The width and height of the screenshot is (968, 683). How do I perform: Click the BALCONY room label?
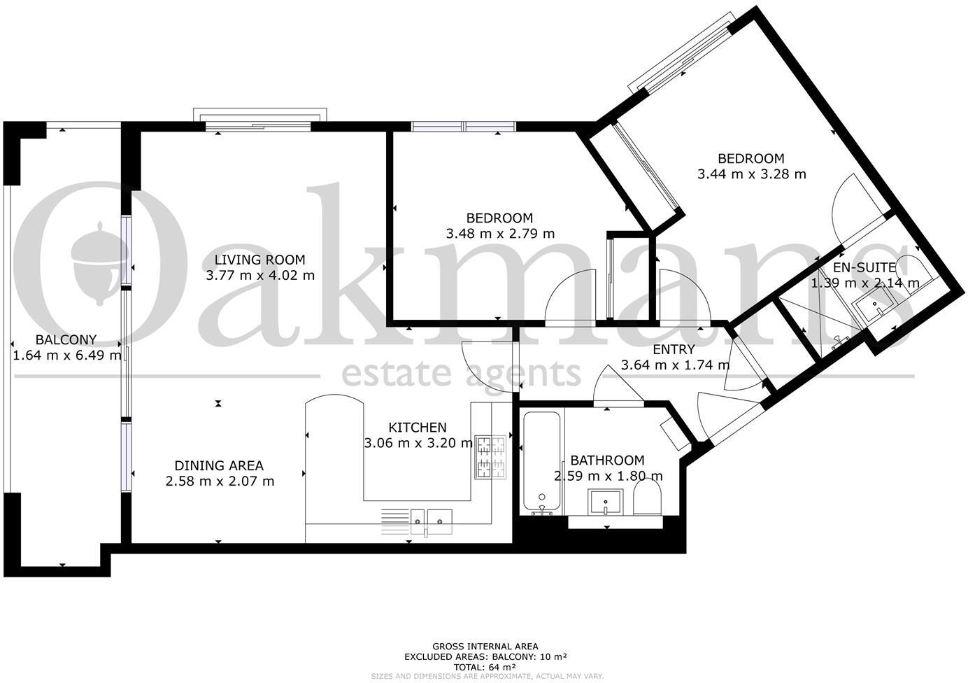click(66, 340)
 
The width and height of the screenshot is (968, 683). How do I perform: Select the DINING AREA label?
click(219, 465)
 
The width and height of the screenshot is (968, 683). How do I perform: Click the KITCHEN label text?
click(417, 428)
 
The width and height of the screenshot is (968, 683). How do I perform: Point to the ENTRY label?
click(674, 349)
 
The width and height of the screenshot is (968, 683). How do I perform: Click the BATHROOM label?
click(607, 460)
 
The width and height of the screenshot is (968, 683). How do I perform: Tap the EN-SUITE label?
click(864, 267)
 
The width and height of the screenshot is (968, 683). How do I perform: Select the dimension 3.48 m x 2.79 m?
click(499, 234)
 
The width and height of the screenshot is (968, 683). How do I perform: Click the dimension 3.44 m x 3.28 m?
click(751, 174)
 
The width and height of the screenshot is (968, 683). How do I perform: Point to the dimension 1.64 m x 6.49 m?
click(67, 355)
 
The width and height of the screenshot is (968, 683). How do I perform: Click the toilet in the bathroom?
click(647, 502)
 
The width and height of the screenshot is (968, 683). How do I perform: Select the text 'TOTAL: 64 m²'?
click(485, 667)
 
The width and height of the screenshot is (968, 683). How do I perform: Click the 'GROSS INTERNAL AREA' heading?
click(485, 647)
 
